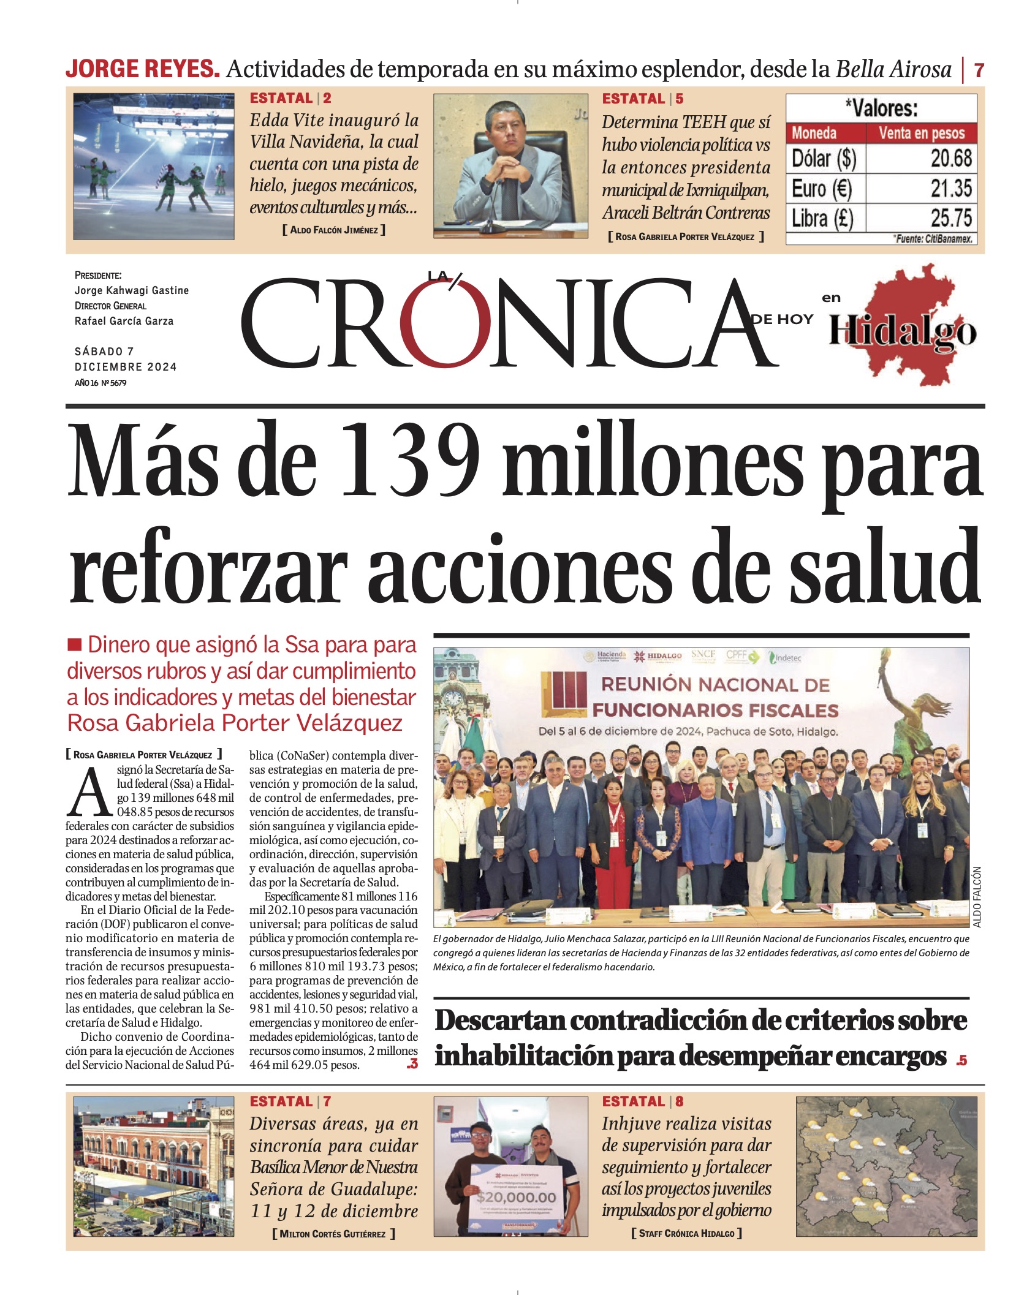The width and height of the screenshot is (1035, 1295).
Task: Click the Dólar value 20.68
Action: (950, 158)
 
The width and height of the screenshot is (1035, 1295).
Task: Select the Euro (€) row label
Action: (821, 188)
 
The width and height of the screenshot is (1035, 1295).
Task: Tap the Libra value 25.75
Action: (950, 218)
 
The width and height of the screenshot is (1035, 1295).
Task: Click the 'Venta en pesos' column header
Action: (921, 133)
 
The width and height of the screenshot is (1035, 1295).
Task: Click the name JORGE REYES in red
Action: (142, 69)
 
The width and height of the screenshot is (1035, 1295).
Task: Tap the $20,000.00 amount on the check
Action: (516, 1196)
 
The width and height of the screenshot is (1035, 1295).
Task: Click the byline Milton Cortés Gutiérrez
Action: (333, 1233)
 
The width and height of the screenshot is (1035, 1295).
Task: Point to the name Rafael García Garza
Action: (124, 321)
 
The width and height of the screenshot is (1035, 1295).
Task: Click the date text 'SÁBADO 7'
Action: (104, 351)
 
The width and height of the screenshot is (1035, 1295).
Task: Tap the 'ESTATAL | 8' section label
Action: (642, 1101)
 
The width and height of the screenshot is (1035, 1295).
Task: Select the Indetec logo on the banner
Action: (785, 658)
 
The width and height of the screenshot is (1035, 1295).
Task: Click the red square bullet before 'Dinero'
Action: (74, 644)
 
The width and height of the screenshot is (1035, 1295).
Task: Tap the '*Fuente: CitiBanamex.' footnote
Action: (933, 238)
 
